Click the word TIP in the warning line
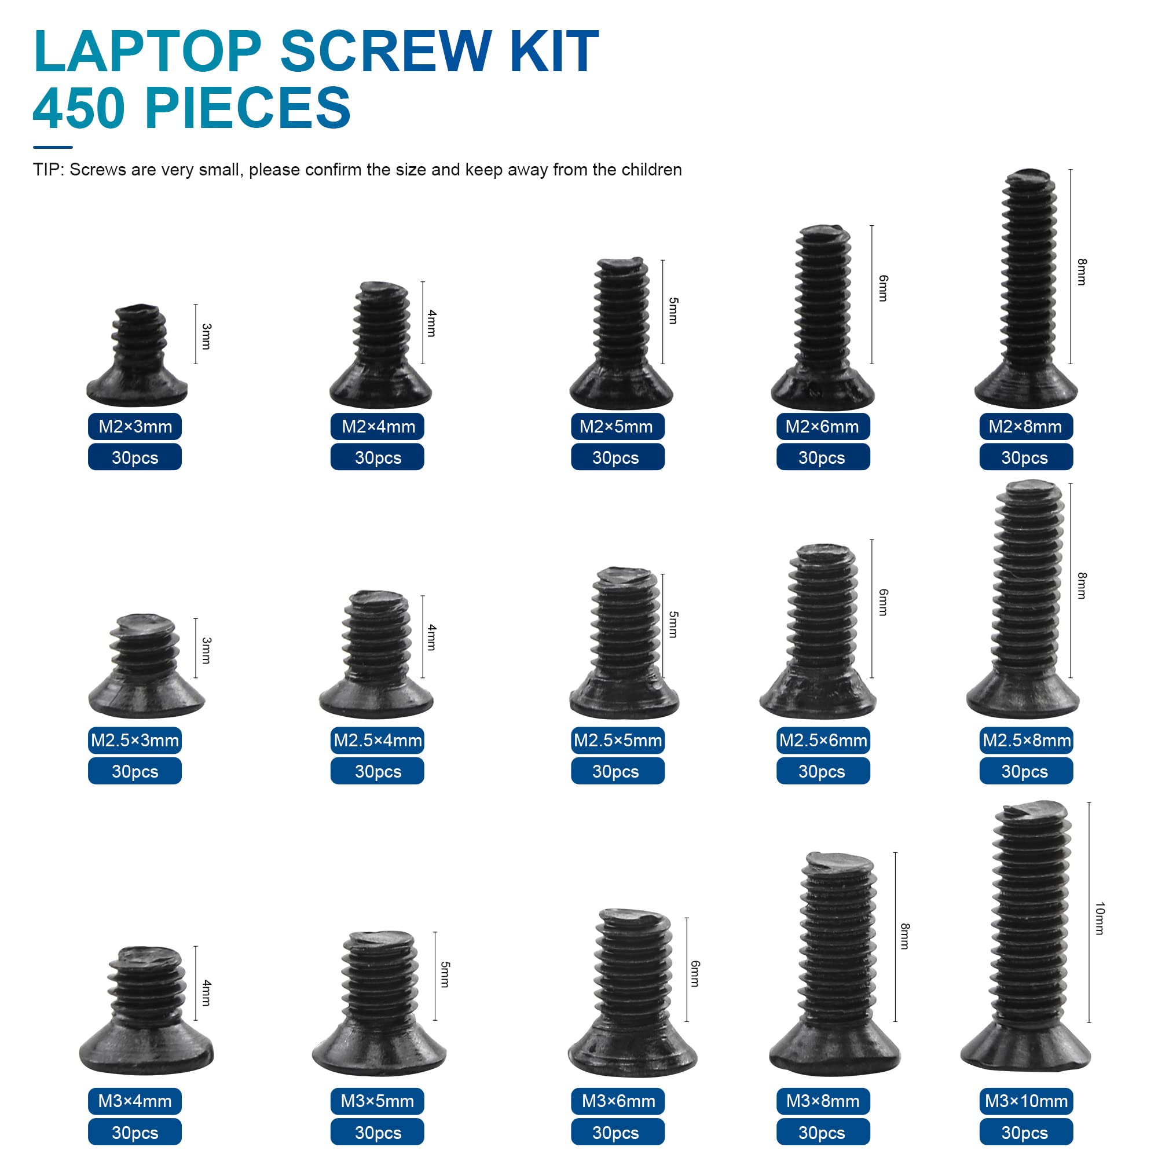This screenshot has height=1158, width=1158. point(47,170)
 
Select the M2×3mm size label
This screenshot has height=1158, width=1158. point(135,427)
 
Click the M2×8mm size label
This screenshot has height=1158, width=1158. point(1025,427)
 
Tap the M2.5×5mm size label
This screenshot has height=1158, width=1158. point(617,740)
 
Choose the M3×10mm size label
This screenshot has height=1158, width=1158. point(1026,1101)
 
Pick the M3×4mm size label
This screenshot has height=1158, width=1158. point(135,1101)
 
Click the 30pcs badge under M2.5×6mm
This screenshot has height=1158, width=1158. point(822,771)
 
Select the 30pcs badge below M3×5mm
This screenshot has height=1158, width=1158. point(378,1133)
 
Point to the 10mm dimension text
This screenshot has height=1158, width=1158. point(1099,918)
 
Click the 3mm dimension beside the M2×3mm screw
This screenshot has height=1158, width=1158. point(206,336)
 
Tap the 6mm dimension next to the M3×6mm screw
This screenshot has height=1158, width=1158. point(695,973)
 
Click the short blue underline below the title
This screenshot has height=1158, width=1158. point(53,147)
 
